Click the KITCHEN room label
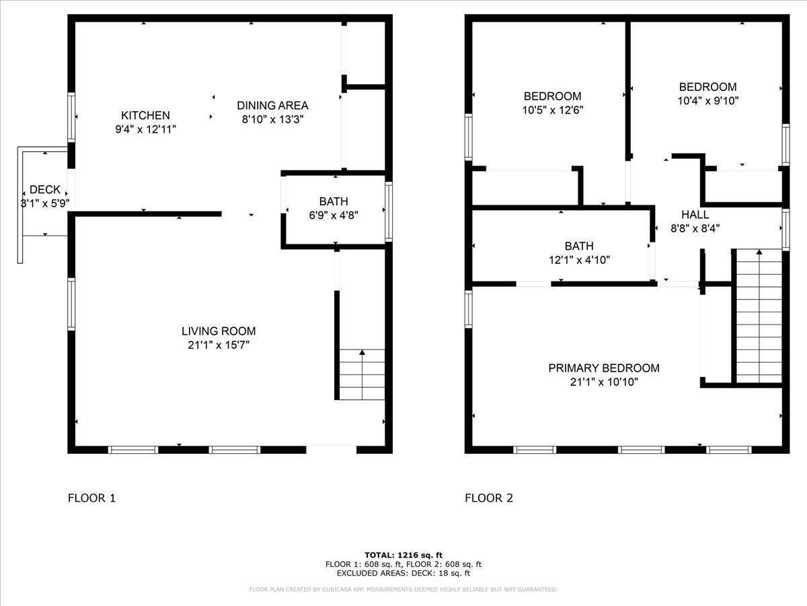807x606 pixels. tap(145, 116)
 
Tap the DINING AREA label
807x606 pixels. tap(272, 106)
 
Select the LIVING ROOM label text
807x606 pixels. tap(219, 331)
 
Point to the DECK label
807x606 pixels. tap(45, 189)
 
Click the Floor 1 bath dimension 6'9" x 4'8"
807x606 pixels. tap(334, 215)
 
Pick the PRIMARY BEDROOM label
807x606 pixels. tap(604, 368)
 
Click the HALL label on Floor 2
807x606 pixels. tap(695, 215)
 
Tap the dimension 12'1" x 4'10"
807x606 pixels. tap(579, 260)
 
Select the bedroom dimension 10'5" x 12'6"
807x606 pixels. tap(553, 110)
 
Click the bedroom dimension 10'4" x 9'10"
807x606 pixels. tap(707, 100)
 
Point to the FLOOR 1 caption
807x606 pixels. tap(91, 498)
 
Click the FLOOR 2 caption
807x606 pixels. tap(489, 498)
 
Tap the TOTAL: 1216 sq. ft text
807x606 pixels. tap(403, 555)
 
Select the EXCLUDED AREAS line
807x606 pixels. tap(403, 573)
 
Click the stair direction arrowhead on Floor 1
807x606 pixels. tap(362, 352)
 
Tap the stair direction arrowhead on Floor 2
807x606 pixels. tap(759, 252)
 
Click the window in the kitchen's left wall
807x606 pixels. tap(71, 117)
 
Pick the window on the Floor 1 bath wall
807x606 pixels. tap(389, 211)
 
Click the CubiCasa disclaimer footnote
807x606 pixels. tap(403, 589)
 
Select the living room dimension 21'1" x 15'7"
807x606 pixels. tap(219, 345)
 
